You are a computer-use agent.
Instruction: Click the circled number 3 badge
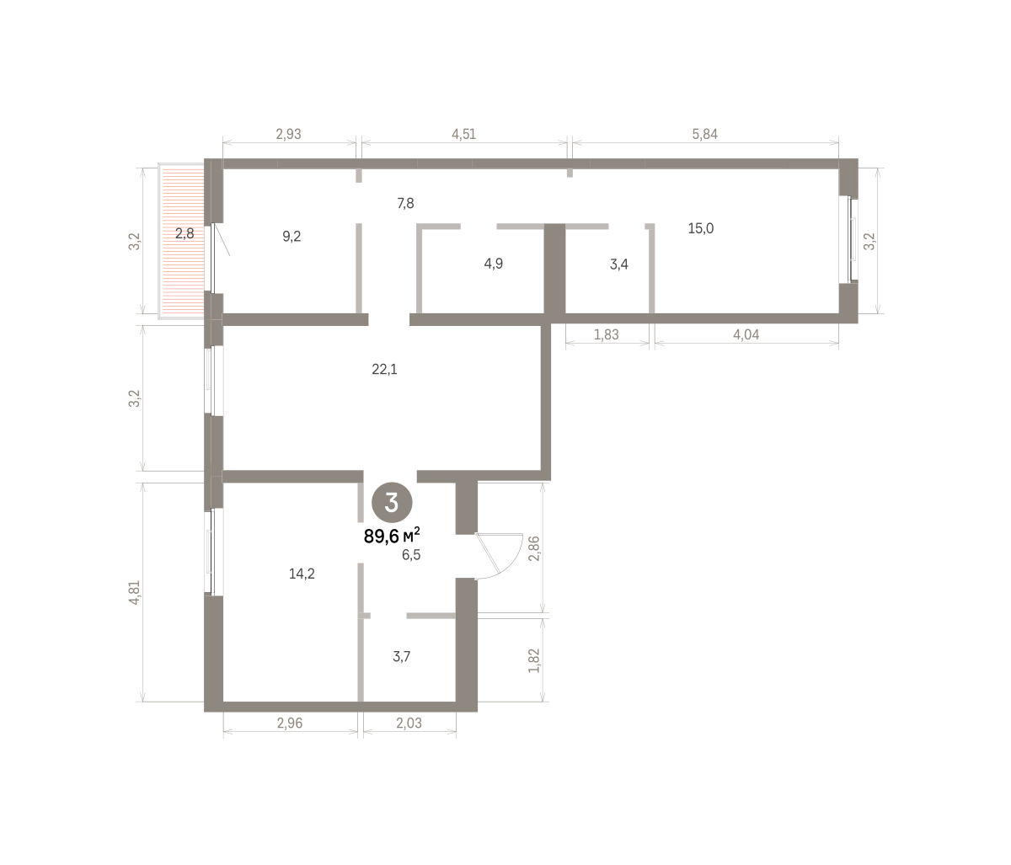tap(392, 502)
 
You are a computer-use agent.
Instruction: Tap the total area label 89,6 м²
tap(392, 536)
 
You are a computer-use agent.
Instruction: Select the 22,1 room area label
tap(384, 370)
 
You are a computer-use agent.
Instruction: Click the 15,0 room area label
tap(701, 228)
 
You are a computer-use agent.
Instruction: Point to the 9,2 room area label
tap(292, 237)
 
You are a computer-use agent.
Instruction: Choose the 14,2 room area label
tap(302, 574)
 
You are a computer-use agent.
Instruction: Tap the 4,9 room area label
tap(494, 264)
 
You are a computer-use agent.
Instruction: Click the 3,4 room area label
tap(619, 264)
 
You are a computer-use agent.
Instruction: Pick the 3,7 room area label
tap(402, 657)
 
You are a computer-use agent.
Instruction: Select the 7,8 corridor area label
tap(405, 204)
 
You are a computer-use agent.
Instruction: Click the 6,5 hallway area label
tap(411, 555)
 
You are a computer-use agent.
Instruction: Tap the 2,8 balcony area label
tap(185, 234)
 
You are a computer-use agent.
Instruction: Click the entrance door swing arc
tap(509, 563)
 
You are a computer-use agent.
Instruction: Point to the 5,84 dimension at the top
tap(705, 134)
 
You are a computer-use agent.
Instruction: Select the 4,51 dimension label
tap(463, 134)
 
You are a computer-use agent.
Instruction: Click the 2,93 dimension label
tap(289, 134)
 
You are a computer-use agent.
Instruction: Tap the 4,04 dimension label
tap(746, 334)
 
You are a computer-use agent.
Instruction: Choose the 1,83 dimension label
tap(607, 334)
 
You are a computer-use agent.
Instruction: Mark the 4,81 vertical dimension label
tap(135, 593)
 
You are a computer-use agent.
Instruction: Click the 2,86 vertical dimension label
tap(534, 548)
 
